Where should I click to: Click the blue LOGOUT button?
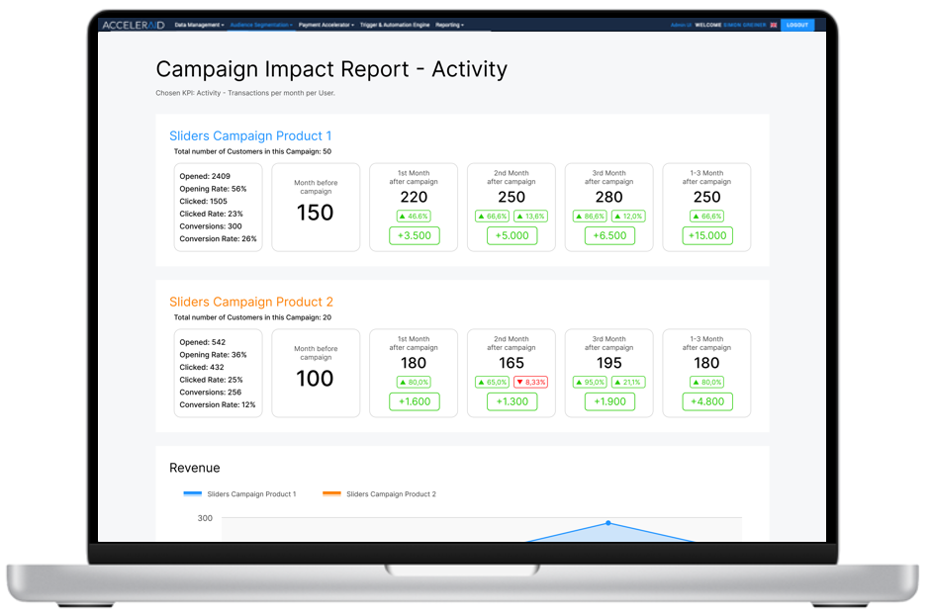796,25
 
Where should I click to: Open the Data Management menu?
199,25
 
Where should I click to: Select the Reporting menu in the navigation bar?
449,25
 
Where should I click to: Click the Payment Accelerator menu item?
326,25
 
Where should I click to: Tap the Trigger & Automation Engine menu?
395,25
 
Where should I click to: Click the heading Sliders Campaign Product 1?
250,136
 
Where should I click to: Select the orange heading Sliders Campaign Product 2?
251,303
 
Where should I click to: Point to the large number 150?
316,213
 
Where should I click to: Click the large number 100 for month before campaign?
316,379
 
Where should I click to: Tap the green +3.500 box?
414,235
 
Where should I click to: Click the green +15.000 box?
706,235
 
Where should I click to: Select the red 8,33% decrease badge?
530,382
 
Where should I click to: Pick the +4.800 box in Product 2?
706,401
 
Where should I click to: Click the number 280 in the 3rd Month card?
608,197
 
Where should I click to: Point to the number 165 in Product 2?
512,363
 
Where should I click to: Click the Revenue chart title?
195,468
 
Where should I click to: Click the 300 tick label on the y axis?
205,518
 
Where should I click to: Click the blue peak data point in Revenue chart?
607,523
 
